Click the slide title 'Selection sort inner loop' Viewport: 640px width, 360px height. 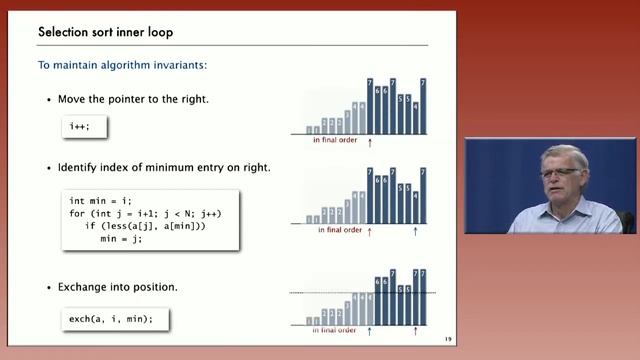click(105, 32)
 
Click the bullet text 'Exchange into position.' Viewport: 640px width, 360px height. click(120, 287)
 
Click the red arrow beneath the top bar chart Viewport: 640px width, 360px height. click(370, 142)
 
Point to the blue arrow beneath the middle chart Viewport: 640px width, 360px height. click(415, 231)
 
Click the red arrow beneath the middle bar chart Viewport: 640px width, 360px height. click(370, 231)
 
